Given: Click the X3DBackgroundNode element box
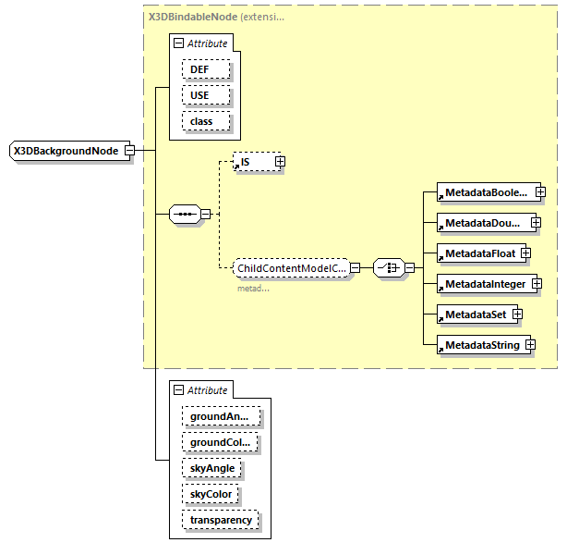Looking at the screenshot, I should pos(66,151).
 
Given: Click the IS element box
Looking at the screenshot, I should pos(252,162).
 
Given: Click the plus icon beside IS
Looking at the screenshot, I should pos(280,162).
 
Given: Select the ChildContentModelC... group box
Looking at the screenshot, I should pos(290,268).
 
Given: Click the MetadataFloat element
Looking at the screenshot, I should pos(479,253).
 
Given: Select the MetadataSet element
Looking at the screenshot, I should pos(473,314).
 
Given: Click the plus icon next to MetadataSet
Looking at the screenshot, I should pos(518,314).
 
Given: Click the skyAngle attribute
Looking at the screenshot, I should pos(212,469).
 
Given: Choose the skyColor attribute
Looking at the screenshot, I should pos(211,495).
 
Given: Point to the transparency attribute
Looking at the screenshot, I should pos(221,521).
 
